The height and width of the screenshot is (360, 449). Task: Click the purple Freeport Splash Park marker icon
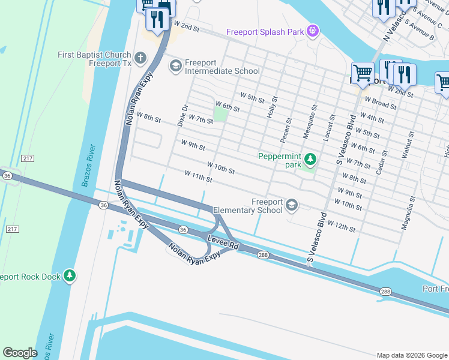click(312, 31)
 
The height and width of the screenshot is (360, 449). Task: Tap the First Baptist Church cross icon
click(140, 58)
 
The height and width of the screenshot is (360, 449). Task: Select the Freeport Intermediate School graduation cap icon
click(176, 65)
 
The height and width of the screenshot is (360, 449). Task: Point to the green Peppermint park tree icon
click(310, 159)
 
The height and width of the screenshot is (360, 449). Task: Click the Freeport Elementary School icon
click(292, 206)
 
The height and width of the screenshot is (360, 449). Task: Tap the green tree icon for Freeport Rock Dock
click(70, 276)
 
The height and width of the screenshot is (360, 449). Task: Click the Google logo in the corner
click(21, 352)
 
